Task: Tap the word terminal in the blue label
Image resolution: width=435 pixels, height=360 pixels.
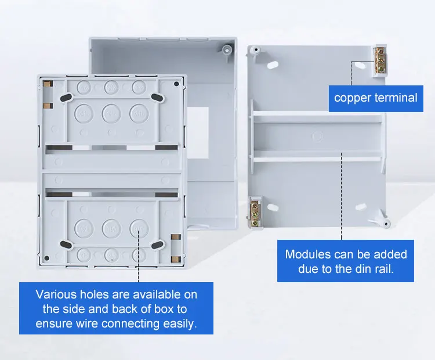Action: tap(396, 98)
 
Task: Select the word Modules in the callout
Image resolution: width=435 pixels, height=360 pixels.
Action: tap(308, 254)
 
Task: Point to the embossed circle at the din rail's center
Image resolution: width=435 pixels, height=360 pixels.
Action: tap(317, 136)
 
